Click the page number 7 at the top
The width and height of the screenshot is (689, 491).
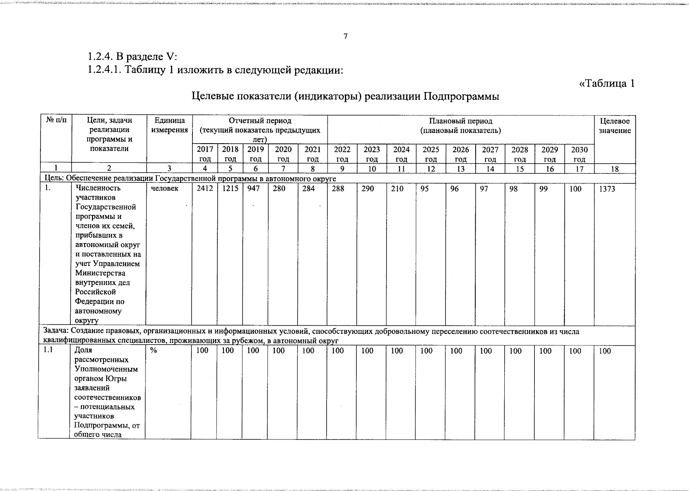point(345,37)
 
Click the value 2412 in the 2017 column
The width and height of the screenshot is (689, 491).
point(204,189)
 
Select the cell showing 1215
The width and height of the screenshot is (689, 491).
point(230,189)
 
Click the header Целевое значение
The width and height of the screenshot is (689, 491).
point(615,126)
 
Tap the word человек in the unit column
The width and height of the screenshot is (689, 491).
point(164,189)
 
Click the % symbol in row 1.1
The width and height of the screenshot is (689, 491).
point(153,351)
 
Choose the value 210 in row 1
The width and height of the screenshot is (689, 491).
point(397,189)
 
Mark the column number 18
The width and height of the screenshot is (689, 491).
point(614,169)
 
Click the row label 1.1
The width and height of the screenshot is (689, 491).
point(48,350)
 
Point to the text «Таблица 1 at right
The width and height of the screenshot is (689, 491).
point(607,83)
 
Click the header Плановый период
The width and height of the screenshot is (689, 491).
point(461,121)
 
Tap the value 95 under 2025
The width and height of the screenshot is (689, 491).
point(425,189)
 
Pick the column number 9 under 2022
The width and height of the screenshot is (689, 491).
point(342,169)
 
